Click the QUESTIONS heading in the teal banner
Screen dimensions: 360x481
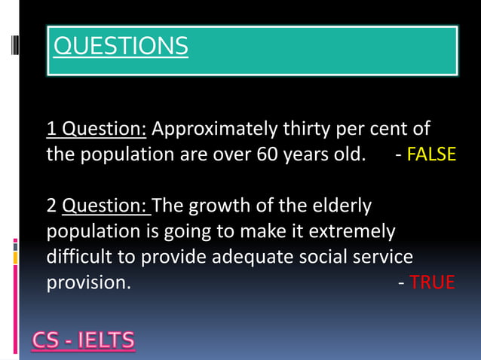tap(121, 47)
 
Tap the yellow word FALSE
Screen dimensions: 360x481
tap(431, 155)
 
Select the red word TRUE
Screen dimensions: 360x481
tap(433, 282)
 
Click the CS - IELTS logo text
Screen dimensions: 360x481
tap(84, 341)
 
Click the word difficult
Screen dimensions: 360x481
tap(79, 257)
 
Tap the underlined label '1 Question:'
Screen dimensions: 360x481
tap(97, 130)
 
